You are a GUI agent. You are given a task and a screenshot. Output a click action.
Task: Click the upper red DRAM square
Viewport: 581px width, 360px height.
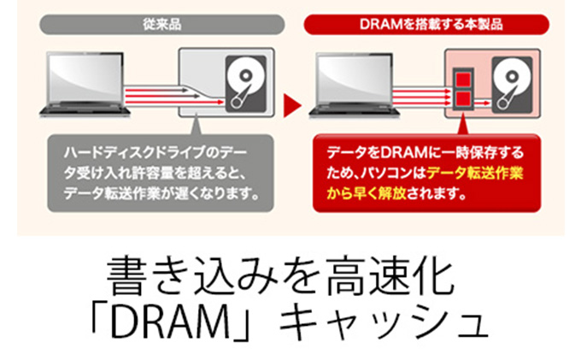click(466, 80)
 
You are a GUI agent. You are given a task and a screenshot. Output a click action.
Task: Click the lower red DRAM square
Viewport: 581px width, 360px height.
click(466, 99)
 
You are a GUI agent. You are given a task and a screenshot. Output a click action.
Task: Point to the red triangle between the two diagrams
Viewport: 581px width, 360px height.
click(290, 108)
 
